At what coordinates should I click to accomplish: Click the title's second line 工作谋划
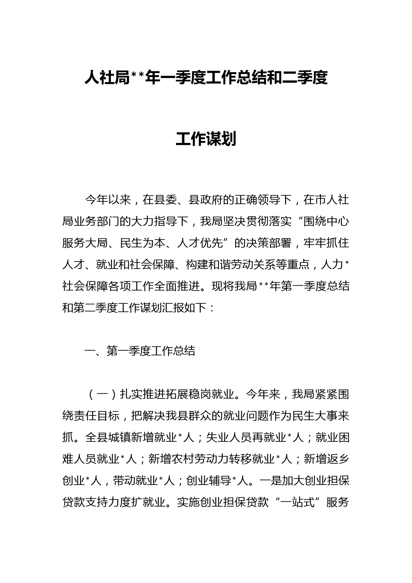(x=206, y=139)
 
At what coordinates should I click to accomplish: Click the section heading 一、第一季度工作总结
(x=140, y=351)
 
